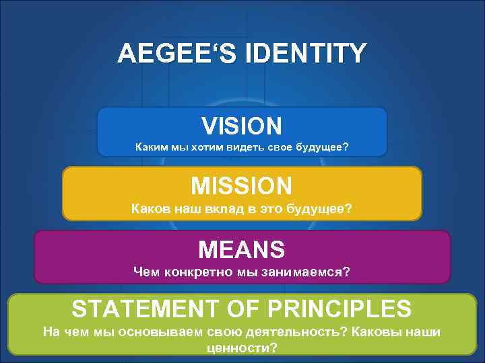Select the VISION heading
point(241,125)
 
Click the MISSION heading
point(241,185)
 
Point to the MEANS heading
point(241,249)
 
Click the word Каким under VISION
point(152,147)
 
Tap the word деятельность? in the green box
point(288,331)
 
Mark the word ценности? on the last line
point(240,348)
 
